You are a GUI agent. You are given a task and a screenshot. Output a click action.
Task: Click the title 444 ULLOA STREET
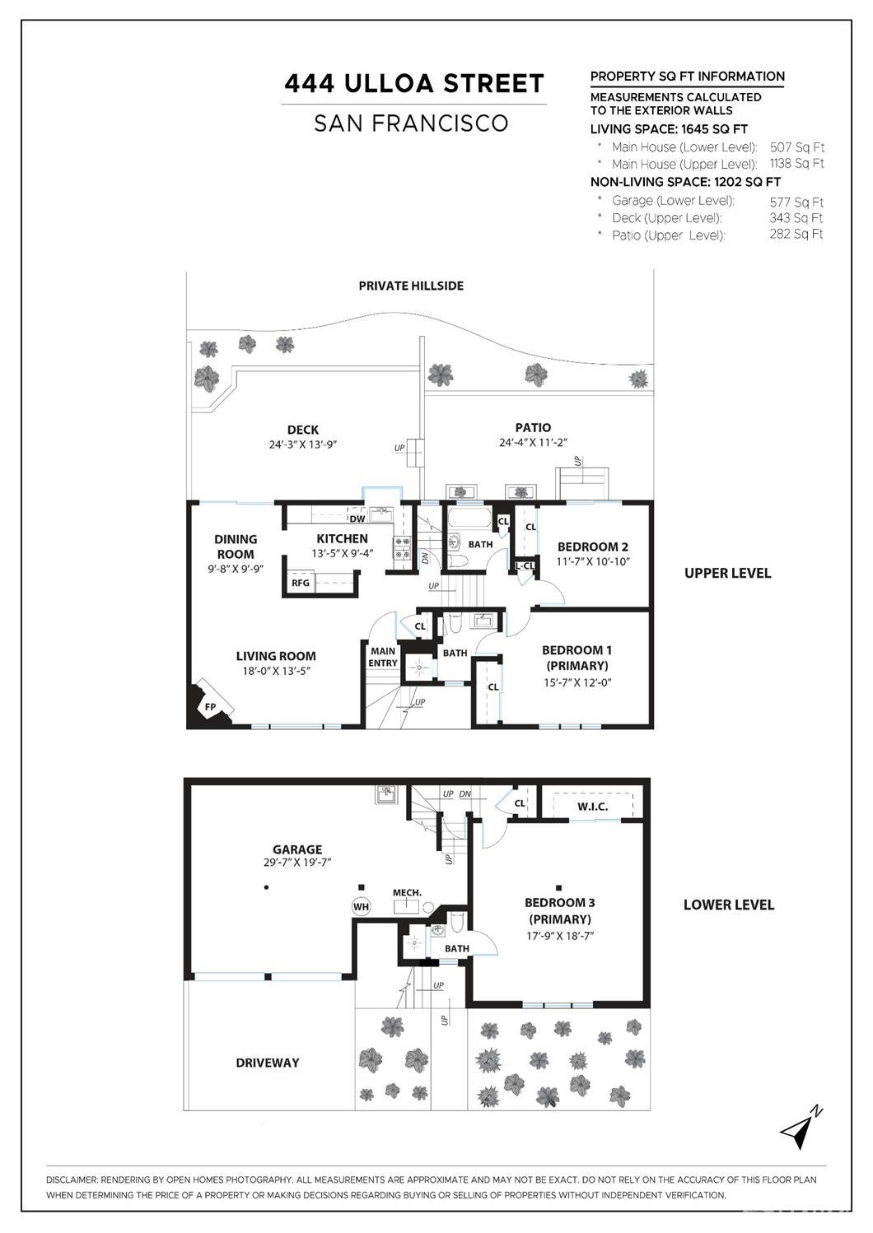[x=414, y=84]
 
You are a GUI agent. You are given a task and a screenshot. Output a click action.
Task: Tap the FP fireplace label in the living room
[x=210, y=707]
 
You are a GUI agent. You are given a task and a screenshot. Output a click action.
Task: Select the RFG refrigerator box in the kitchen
[x=301, y=583]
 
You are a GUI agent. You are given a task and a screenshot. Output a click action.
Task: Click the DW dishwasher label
[x=357, y=519]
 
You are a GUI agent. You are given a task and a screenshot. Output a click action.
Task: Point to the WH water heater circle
[x=362, y=906]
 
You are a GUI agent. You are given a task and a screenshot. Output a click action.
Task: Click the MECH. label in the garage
[x=407, y=892]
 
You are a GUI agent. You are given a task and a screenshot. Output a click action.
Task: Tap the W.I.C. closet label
[x=593, y=807]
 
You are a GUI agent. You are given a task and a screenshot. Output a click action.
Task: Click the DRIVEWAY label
[x=268, y=1063]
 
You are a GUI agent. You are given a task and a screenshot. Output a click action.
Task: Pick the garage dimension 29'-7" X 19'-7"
[x=297, y=863]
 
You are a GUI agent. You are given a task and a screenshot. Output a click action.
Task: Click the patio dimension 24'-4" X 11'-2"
[x=533, y=442]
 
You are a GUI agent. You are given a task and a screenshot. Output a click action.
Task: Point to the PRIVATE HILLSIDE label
[x=411, y=286]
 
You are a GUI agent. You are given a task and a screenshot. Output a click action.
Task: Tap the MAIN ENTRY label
[x=383, y=657]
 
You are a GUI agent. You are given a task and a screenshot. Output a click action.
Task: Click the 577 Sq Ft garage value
[x=796, y=202]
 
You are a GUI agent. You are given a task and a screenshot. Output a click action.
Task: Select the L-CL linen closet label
[x=525, y=565]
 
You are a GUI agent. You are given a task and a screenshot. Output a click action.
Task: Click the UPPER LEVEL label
[x=727, y=573]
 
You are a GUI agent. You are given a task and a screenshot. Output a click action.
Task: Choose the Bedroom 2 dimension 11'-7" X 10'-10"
[x=593, y=561]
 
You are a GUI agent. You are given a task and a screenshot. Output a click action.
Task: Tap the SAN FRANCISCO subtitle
[x=411, y=123]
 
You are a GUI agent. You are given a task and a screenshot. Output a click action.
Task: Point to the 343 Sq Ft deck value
[x=796, y=218]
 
